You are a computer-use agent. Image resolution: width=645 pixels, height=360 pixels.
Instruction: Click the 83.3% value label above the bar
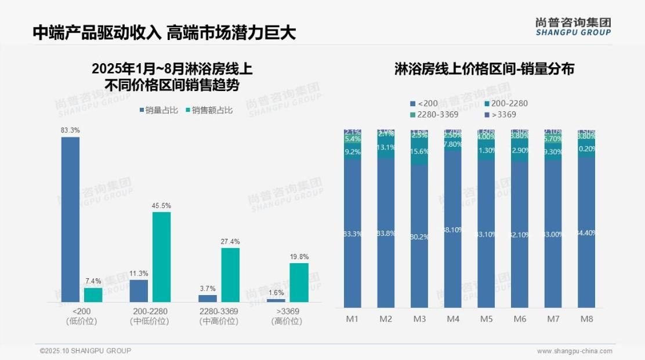pos(70,130)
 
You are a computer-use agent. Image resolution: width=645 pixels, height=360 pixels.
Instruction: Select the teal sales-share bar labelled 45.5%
pos(162,257)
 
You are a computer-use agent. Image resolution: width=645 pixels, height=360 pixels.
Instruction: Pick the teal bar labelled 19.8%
pos(299,282)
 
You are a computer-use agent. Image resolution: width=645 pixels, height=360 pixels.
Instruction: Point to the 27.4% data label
pos(230,242)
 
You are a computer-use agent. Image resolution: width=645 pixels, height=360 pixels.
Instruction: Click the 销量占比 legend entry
pos(157,110)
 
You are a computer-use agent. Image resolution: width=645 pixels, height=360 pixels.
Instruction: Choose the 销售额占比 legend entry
pos(208,110)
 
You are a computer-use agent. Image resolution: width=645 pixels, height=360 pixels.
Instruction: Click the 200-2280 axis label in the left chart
pos(151,311)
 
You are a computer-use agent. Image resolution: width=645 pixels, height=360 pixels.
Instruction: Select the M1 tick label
pos(352,319)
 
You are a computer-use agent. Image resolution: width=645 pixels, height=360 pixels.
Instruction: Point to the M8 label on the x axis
pos(586,319)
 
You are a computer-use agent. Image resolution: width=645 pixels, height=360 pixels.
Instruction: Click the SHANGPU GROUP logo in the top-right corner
pos(572,26)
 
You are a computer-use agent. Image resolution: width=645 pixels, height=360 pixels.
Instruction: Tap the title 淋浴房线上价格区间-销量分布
pos(484,70)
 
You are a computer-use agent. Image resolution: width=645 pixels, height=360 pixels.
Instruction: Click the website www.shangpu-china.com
pos(574,351)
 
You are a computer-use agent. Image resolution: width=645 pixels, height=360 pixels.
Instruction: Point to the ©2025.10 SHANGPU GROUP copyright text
pos(85,351)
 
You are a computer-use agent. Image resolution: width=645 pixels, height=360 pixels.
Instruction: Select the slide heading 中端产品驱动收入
pos(97,32)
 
